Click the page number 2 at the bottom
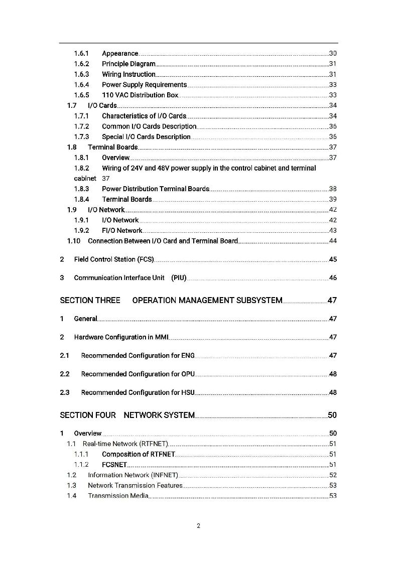[198, 526]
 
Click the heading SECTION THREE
[90, 301]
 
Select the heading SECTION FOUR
[88, 415]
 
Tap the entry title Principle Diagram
[128, 64]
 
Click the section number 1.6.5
[82, 95]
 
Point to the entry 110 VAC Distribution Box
[140, 95]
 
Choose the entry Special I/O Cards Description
[146, 137]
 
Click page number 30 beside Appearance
[333, 54]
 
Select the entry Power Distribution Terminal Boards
[156, 189]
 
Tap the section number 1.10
[74, 241]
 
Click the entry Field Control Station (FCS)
[114, 259]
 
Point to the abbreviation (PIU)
[179, 278]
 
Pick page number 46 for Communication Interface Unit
[333, 278]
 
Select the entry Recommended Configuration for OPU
[138, 374]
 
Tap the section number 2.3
[65, 393]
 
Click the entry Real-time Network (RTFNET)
[125, 444]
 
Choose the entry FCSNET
[114, 465]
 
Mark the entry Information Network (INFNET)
[133, 475]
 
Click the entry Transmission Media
[118, 496]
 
